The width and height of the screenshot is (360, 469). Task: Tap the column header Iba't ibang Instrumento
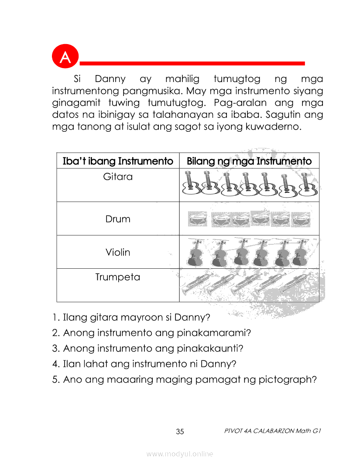(118, 161)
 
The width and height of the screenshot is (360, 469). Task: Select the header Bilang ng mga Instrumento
(249, 161)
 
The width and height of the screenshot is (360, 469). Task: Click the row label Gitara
(118, 177)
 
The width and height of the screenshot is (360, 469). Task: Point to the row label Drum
(118, 219)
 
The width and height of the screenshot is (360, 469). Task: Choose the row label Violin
(118, 252)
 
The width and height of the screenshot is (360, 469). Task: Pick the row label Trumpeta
(118, 277)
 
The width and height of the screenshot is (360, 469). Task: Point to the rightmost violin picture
(300, 253)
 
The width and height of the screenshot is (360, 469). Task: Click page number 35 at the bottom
(180, 432)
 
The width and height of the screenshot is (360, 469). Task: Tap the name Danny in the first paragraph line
(110, 79)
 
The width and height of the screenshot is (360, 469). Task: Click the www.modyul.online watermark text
(180, 454)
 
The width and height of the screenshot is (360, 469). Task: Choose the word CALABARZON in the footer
(269, 431)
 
